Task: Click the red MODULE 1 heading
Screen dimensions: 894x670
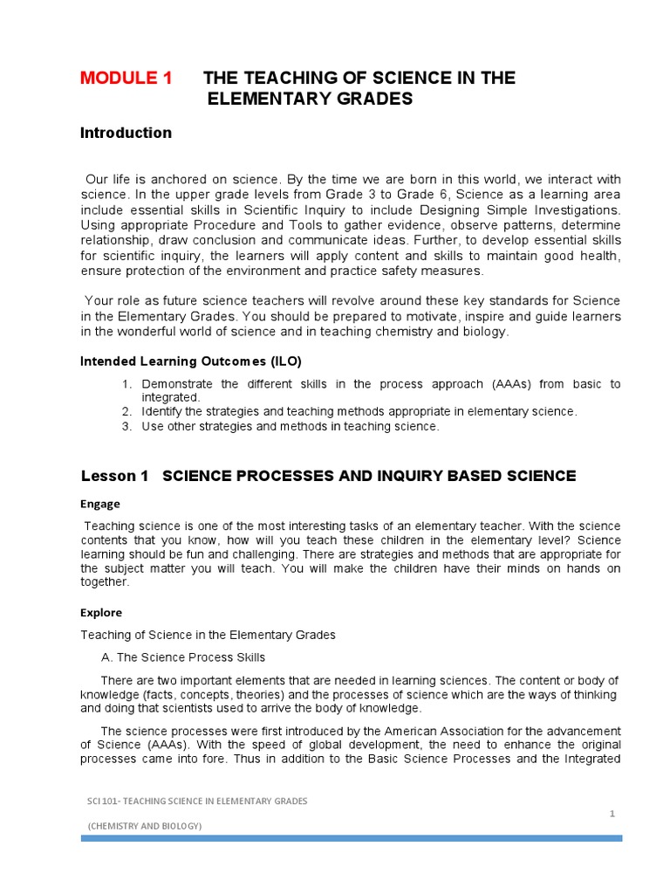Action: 126,78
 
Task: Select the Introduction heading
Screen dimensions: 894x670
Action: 126,133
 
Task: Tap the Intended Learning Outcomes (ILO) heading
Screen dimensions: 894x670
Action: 191,361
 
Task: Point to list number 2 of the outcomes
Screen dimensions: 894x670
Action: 126,411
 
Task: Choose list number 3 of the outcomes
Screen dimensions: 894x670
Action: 126,427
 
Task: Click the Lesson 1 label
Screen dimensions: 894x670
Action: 114,476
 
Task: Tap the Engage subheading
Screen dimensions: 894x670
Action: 100,504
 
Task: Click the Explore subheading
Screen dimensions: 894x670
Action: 101,612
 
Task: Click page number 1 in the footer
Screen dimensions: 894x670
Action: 612,814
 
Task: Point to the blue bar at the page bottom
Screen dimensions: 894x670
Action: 352,838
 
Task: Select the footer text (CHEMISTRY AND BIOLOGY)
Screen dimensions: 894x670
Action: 145,825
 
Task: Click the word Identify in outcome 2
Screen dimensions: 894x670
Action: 162,411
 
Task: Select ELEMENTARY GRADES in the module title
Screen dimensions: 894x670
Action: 309,100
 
